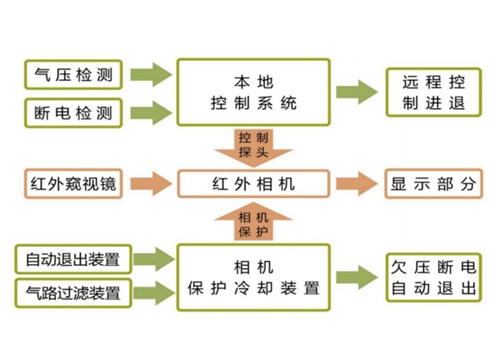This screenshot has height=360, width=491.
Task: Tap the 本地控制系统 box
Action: [x=254, y=92]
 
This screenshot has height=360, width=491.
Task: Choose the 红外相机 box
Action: [x=254, y=184]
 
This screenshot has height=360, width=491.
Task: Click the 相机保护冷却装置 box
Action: [x=254, y=276]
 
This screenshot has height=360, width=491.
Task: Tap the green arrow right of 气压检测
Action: [x=151, y=74]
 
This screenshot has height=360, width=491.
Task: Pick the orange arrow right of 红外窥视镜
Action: [x=151, y=184]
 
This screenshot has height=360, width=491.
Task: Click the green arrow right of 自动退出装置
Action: [x=151, y=259]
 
